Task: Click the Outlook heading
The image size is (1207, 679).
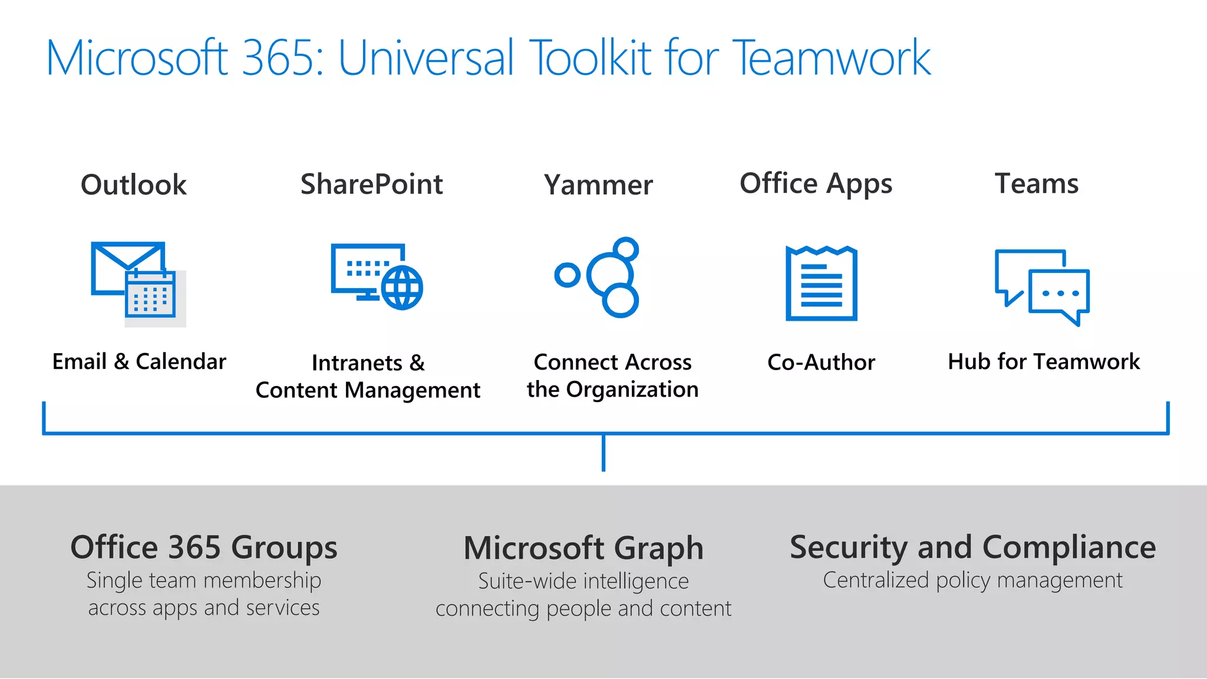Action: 134,184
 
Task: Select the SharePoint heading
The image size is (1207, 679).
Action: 371,184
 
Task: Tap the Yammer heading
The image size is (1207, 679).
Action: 598,185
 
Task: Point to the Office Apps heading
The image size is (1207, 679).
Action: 816,184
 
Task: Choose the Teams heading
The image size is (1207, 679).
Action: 1036,183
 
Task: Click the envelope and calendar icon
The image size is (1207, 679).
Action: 138,283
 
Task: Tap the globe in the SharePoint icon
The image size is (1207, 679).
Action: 402,288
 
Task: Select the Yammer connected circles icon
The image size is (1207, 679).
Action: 607,277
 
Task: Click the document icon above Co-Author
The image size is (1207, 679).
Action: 821,284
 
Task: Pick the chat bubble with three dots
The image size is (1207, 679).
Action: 1060,294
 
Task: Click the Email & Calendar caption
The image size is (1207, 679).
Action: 139,361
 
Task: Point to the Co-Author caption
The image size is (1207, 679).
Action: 821,362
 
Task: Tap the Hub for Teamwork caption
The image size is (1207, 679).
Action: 1044,361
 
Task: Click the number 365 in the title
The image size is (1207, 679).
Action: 277,58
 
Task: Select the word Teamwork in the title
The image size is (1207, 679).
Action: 832,58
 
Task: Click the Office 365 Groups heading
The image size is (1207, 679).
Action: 204,547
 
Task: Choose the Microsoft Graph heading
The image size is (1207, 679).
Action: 583,548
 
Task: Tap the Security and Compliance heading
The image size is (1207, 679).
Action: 972,547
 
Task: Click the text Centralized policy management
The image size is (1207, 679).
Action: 972,580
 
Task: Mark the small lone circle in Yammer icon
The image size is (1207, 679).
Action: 568,275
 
